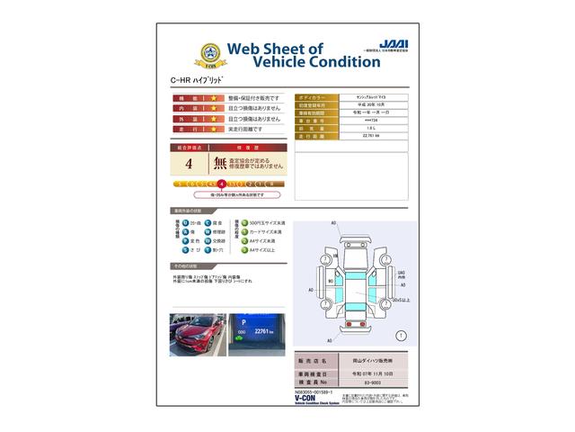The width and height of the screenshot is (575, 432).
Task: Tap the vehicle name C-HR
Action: pyautogui.click(x=181, y=81)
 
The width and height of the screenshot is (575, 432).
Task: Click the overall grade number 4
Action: pyautogui.click(x=189, y=164)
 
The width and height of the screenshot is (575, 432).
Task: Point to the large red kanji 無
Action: pyautogui.click(x=219, y=164)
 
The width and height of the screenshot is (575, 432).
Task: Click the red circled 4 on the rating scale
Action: pyautogui.click(x=221, y=184)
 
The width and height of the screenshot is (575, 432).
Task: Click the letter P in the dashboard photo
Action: pyautogui.click(x=243, y=319)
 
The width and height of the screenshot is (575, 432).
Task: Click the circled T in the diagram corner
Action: pyautogui.click(x=400, y=335)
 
